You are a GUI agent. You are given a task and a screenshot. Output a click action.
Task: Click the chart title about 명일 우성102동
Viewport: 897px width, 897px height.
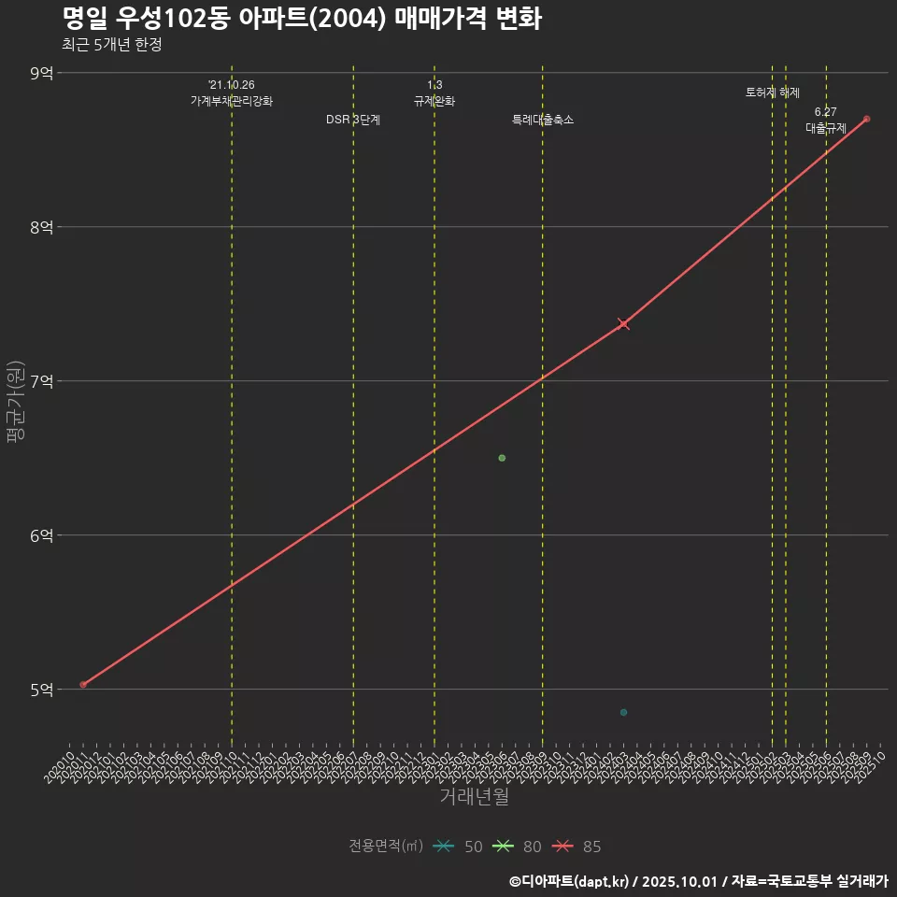302,19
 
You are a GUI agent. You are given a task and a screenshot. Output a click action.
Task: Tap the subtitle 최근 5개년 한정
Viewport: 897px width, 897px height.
112,45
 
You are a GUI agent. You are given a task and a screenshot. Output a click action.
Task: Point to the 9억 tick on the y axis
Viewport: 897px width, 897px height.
42,73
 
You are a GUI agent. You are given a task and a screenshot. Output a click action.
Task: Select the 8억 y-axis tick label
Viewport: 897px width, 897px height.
42,227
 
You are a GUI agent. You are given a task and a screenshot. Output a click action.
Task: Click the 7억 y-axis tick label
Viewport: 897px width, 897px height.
42,381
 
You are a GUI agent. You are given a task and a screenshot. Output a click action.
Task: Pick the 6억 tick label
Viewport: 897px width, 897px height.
42,535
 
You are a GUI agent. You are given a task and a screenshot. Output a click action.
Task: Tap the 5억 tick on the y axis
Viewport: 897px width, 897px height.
42,690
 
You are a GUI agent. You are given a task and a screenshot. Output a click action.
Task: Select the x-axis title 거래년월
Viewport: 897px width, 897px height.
474,797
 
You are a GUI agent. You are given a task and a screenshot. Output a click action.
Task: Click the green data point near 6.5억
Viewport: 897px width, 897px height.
502,458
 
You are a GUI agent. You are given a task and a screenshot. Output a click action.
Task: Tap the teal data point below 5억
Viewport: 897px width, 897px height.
623,713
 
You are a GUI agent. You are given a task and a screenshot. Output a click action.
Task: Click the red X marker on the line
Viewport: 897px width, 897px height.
623,323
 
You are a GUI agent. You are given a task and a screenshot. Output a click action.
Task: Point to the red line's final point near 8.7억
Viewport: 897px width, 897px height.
867,119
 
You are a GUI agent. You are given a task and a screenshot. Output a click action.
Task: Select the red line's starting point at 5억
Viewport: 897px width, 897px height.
83,685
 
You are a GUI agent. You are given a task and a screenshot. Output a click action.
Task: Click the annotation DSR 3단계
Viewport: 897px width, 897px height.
352,120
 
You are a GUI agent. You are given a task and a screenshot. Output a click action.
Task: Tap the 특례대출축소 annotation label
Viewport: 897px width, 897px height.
543,120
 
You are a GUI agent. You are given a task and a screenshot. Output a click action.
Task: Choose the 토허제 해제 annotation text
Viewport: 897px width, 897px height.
773,93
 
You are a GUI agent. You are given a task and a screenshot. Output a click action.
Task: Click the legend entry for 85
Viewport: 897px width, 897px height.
577,847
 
